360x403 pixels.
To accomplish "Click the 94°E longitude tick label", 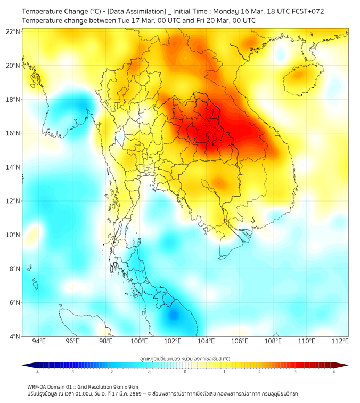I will pyautogui.click(x=39, y=341).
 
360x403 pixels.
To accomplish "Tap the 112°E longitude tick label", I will pyautogui.click(x=340, y=341).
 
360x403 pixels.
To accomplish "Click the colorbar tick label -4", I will pyautogui.click(x=37, y=372).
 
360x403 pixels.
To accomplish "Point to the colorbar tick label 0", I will pyautogui.click(x=185, y=372).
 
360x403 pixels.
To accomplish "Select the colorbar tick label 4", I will pyautogui.click(x=334, y=372).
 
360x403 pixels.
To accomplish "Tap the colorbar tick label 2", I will pyautogui.click(x=260, y=372).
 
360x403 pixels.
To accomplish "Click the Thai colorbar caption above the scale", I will pyautogui.click(x=185, y=359).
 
